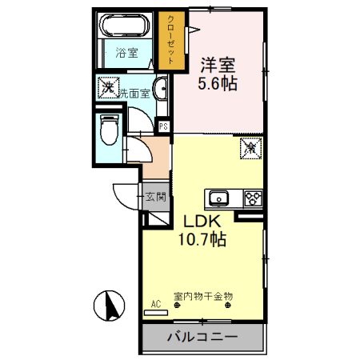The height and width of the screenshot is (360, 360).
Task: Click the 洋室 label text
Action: (x=218, y=63)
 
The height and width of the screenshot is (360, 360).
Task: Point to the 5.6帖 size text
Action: (x=218, y=82)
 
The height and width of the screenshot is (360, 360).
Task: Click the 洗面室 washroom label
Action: (x=134, y=93)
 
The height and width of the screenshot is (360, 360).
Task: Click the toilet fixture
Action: (x=110, y=127)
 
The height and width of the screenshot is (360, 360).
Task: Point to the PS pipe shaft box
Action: (x=163, y=126)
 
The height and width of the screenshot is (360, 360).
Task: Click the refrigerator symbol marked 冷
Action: (x=250, y=146)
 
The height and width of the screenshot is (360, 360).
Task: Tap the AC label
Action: (x=157, y=303)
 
